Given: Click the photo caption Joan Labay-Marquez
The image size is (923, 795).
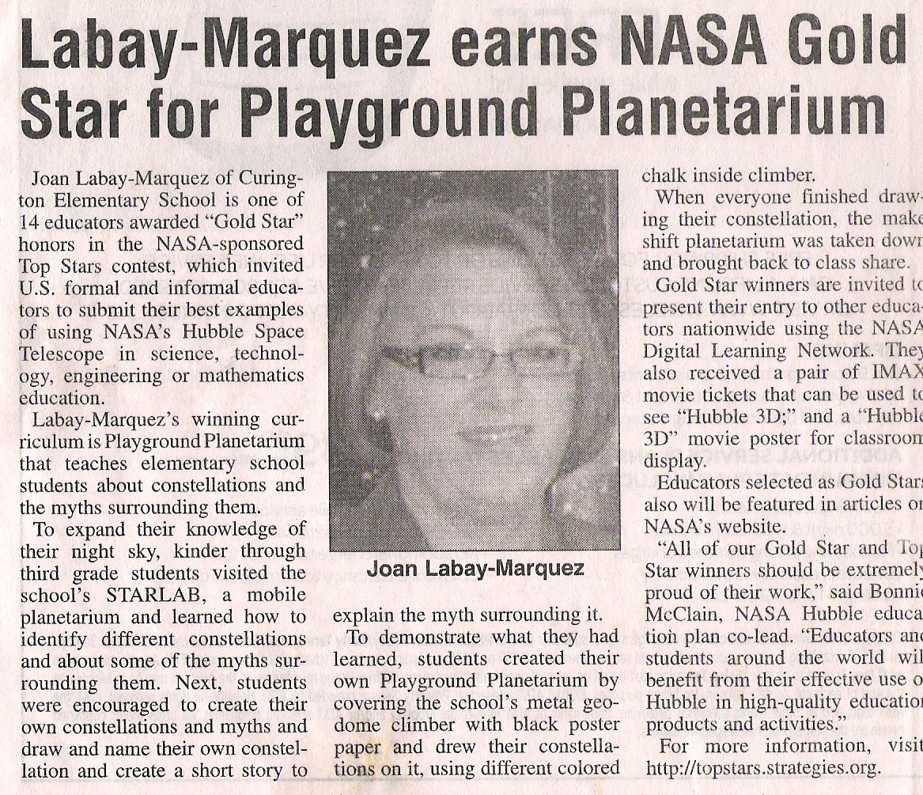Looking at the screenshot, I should click(x=475, y=569).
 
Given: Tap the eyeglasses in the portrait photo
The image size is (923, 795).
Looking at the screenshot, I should click(x=475, y=360).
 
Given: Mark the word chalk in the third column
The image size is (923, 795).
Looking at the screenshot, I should click(x=664, y=176).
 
